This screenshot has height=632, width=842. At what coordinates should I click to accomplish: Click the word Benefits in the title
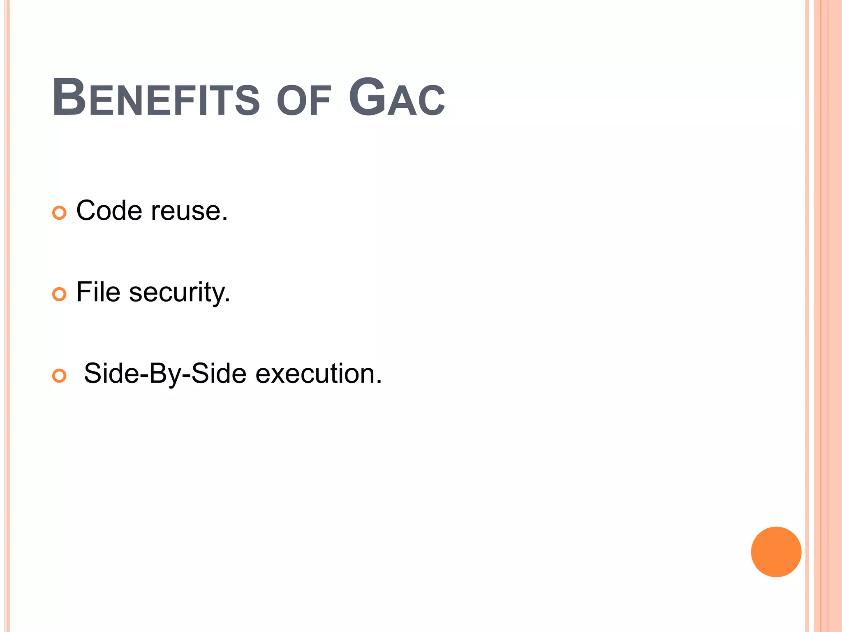(156, 98)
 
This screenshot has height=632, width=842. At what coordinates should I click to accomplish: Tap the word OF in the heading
(304, 101)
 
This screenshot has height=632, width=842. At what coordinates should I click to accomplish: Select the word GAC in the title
(397, 98)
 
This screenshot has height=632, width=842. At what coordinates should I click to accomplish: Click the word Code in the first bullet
(109, 211)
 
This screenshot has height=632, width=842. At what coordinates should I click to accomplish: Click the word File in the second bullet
(98, 292)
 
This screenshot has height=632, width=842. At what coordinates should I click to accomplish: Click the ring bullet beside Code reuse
(59, 213)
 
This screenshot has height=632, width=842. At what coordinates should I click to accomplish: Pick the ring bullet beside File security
(59, 294)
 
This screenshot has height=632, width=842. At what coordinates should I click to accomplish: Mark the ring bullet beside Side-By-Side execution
(59, 376)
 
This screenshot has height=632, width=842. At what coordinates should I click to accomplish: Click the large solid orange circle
(776, 552)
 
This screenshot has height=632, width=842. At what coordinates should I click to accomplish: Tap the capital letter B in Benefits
(69, 97)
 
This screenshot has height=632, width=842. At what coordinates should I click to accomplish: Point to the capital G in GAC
(366, 97)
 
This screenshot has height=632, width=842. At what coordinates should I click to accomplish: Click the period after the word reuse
(224, 219)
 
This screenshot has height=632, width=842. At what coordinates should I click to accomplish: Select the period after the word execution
(379, 382)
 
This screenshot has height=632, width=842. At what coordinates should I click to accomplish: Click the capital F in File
(83, 292)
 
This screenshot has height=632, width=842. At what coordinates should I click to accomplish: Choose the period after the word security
(227, 301)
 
